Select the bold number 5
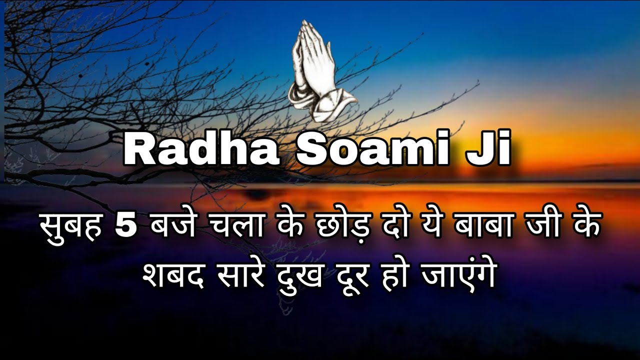click(x=125, y=228)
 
